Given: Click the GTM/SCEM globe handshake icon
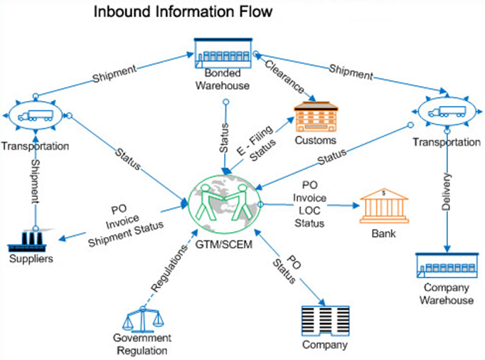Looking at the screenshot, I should click(x=225, y=202).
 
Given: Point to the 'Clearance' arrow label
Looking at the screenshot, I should click(x=284, y=78).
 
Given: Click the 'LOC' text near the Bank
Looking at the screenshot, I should click(x=309, y=213).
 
